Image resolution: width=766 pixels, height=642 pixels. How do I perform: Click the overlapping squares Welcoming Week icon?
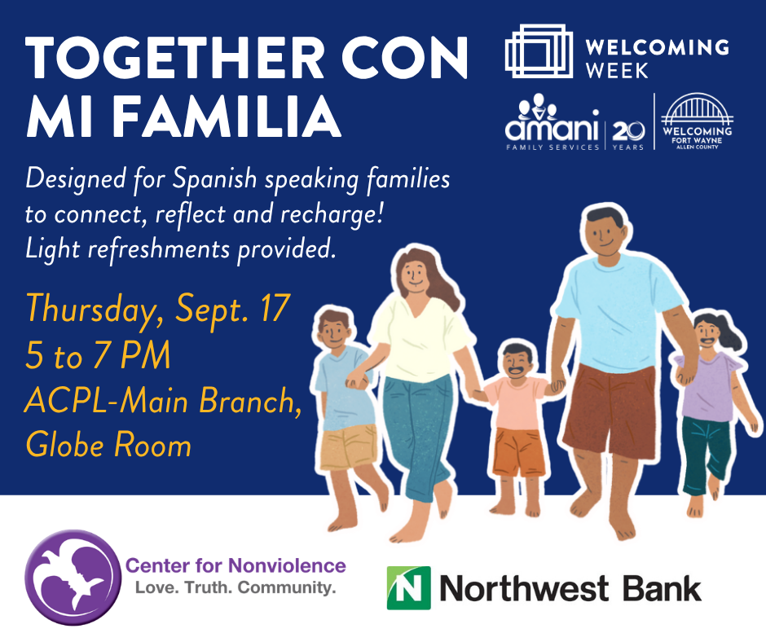539,51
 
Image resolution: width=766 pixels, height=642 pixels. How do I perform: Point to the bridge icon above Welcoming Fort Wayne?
697,109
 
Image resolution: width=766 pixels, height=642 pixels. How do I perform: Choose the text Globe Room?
108,445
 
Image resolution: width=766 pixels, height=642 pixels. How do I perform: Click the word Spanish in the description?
214,178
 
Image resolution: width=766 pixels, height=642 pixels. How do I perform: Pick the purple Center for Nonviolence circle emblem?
73,578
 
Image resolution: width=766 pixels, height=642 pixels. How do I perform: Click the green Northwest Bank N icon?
408,587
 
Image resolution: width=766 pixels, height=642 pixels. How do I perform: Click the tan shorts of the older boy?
348,446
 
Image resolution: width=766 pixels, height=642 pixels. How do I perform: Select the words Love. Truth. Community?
236,587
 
